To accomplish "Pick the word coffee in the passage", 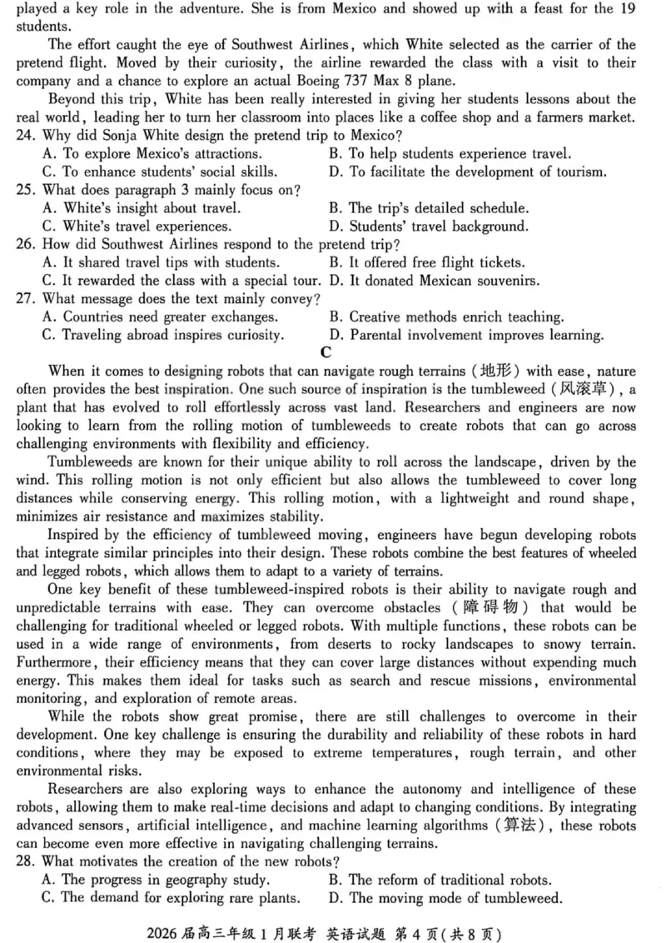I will click(450, 117).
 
